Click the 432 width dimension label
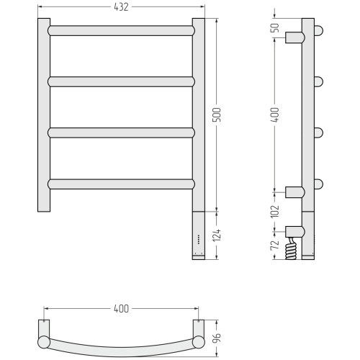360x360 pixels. point(121,7)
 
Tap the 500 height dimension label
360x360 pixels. point(217,114)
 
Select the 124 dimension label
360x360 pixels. point(217,235)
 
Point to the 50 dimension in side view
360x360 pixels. point(276,28)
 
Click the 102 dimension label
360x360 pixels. point(275,212)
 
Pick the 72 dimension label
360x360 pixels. point(275,245)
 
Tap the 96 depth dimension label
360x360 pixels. point(217,338)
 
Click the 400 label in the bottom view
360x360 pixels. point(121,309)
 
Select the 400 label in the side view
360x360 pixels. point(275,114)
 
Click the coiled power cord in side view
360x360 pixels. point(291,248)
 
